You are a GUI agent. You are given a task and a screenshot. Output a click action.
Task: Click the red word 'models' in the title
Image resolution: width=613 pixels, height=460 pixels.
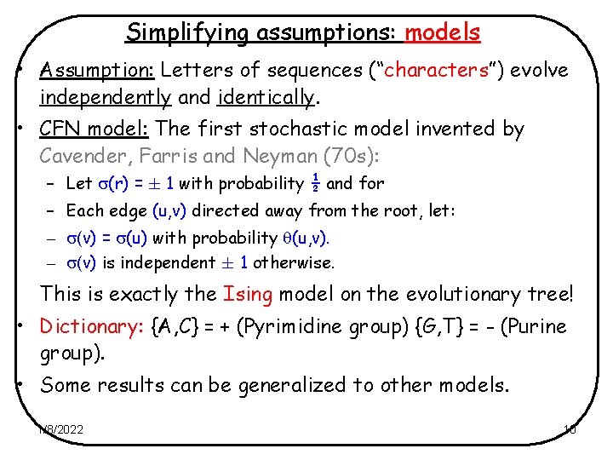pyautogui.click(x=443, y=32)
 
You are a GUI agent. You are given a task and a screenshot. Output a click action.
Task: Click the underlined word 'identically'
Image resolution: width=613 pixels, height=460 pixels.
pyautogui.click(x=266, y=97)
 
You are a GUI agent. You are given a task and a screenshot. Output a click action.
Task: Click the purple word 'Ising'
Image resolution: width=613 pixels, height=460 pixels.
pyautogui.click(x=247, y=294)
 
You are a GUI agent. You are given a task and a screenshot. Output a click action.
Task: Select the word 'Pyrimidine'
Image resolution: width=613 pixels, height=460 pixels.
pyautogui.click(x=330, y=327)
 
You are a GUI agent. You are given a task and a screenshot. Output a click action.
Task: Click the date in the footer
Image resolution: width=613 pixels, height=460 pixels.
pyautogui.click(x=61, y=429)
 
